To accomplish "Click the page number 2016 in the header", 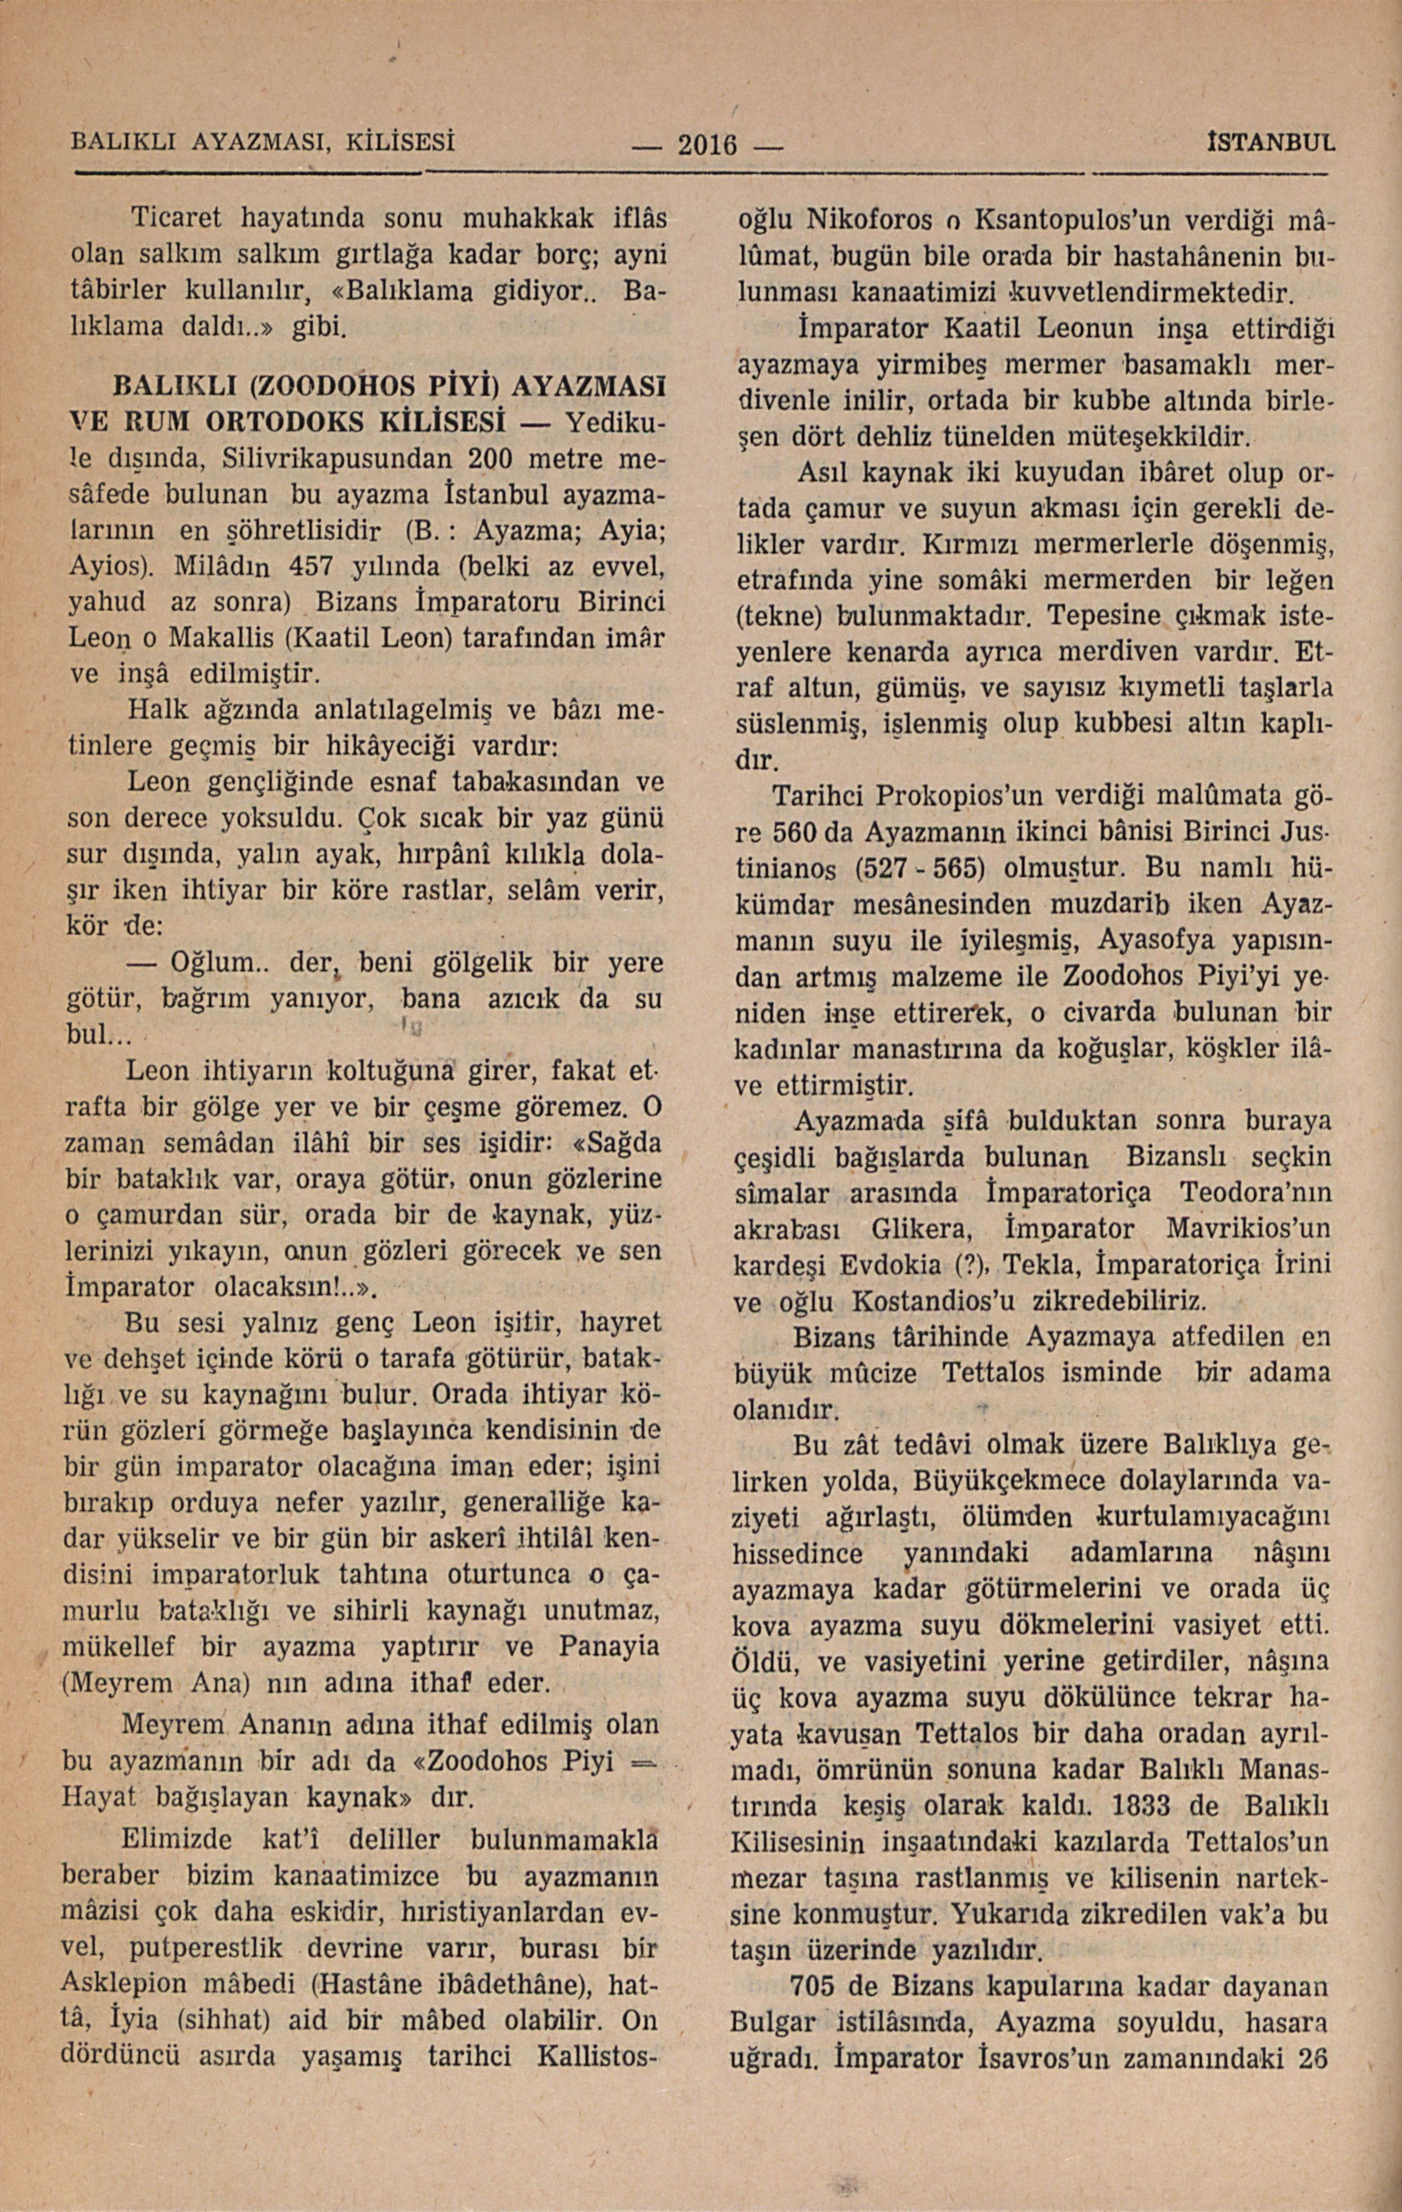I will pos(707,144).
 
